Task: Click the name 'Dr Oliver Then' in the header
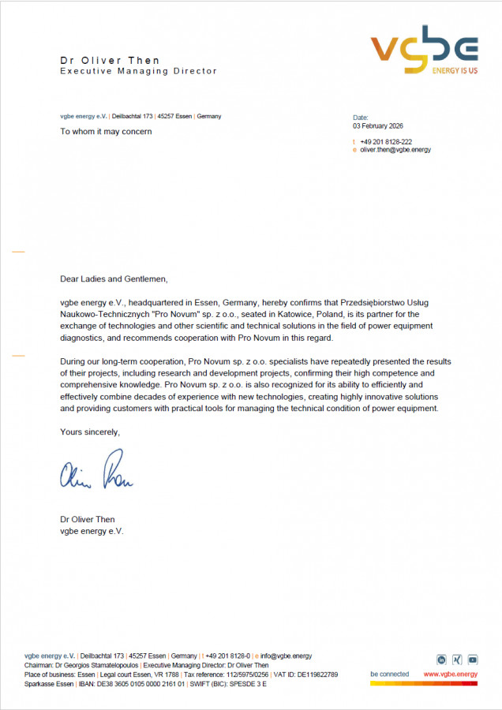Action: coord(110,60)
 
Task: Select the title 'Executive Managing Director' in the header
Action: coord(138,71)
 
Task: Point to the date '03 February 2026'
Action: coord(378,125)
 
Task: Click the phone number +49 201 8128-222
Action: coord(386,141)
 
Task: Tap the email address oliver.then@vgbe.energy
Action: coord(395,149)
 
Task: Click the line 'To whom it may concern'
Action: coord(106,131)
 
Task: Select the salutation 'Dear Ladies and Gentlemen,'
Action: coord(114,278)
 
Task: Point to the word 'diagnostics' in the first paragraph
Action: coord(82,338)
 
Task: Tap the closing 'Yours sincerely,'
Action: coord(90,432)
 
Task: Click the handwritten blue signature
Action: coord(96,473)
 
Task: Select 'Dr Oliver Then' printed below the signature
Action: coord(87,520)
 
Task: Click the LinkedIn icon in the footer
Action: coord(442,660)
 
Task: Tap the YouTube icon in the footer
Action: coord(472,660)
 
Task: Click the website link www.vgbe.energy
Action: coord(450,674)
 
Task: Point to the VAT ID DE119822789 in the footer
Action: coord(316,674)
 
